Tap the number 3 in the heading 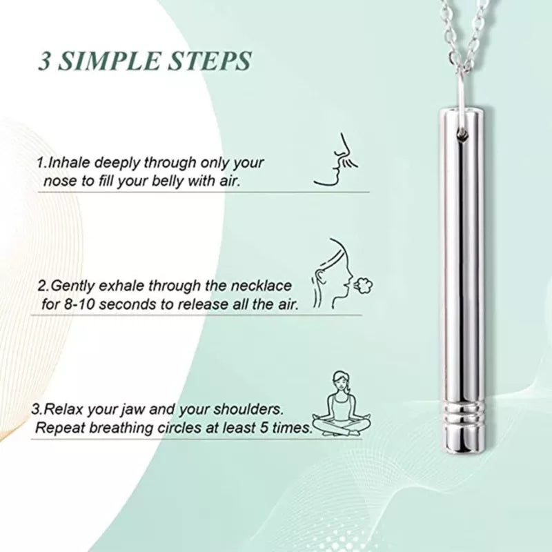[44, 61]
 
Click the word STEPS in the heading [209, 61]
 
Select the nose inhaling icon [335, 159]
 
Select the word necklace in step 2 [262, 286]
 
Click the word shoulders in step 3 [248, 409]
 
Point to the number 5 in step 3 [263, 428]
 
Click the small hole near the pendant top [462, 134]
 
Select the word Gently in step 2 [72, 286]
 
